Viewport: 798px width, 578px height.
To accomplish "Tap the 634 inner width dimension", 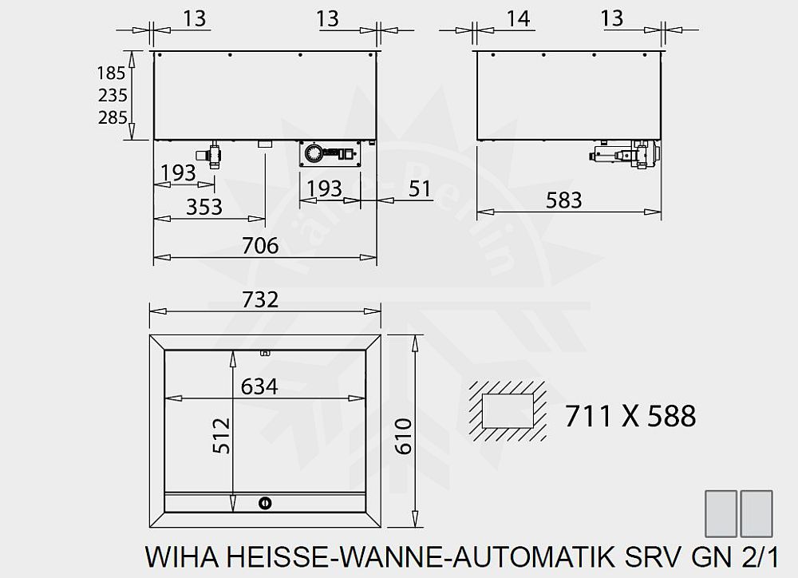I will click(x=259, y=386).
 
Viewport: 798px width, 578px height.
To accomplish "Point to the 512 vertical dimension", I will click(x=222, y=435).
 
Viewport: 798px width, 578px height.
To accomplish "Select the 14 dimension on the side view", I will click(x=519, y=18).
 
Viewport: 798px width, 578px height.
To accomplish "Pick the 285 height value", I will click(x=112, y=119).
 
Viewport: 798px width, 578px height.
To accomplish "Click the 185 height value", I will click(x=112, y=73).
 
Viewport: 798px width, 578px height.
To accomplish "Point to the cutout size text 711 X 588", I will click(x=630, y=416).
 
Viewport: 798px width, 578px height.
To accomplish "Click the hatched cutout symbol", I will click(x=508, y=411).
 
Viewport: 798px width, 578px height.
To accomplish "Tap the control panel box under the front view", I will click(x=330, y=153).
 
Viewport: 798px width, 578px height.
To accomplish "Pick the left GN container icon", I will click(x=722, y=513).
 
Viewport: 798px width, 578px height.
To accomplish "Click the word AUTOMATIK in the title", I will click(x=566, y=556).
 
